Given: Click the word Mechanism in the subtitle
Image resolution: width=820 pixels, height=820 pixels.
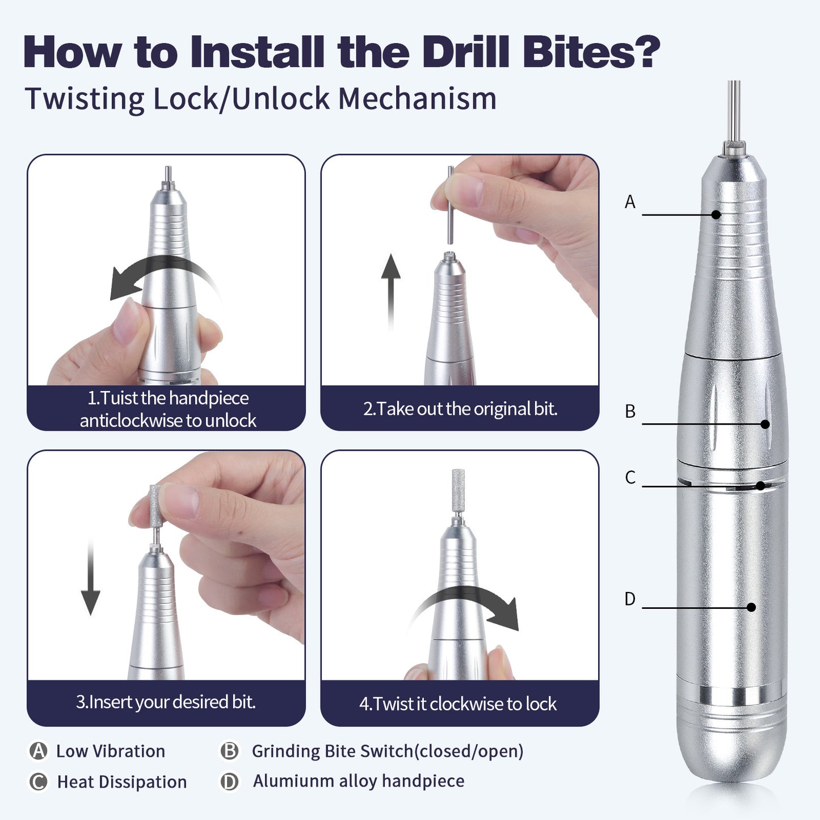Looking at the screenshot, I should (417, 99).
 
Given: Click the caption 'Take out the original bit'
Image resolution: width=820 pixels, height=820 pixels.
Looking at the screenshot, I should (460, 409).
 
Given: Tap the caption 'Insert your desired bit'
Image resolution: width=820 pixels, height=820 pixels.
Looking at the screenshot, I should (166, 702).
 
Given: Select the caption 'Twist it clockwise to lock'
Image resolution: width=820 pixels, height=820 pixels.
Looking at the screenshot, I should (458, 704).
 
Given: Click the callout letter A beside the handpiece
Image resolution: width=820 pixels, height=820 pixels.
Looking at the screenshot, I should (630, 202).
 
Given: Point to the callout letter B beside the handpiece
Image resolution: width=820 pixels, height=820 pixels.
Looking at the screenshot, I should (630, 411).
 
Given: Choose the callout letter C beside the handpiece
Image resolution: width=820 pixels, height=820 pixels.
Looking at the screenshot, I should (630, 477).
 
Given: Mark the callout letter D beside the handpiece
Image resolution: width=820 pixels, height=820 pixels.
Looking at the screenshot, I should (630, 599).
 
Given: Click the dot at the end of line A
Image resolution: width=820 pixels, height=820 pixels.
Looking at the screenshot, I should (716, 215).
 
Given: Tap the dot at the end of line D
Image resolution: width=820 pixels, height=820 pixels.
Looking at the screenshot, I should (751, 607).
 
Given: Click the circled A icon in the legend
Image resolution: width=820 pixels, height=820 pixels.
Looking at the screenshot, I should (38, 751).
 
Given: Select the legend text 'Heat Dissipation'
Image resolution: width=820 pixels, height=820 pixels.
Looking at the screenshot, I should (121, 782).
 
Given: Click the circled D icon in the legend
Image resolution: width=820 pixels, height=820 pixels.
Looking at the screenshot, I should (229, 781).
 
